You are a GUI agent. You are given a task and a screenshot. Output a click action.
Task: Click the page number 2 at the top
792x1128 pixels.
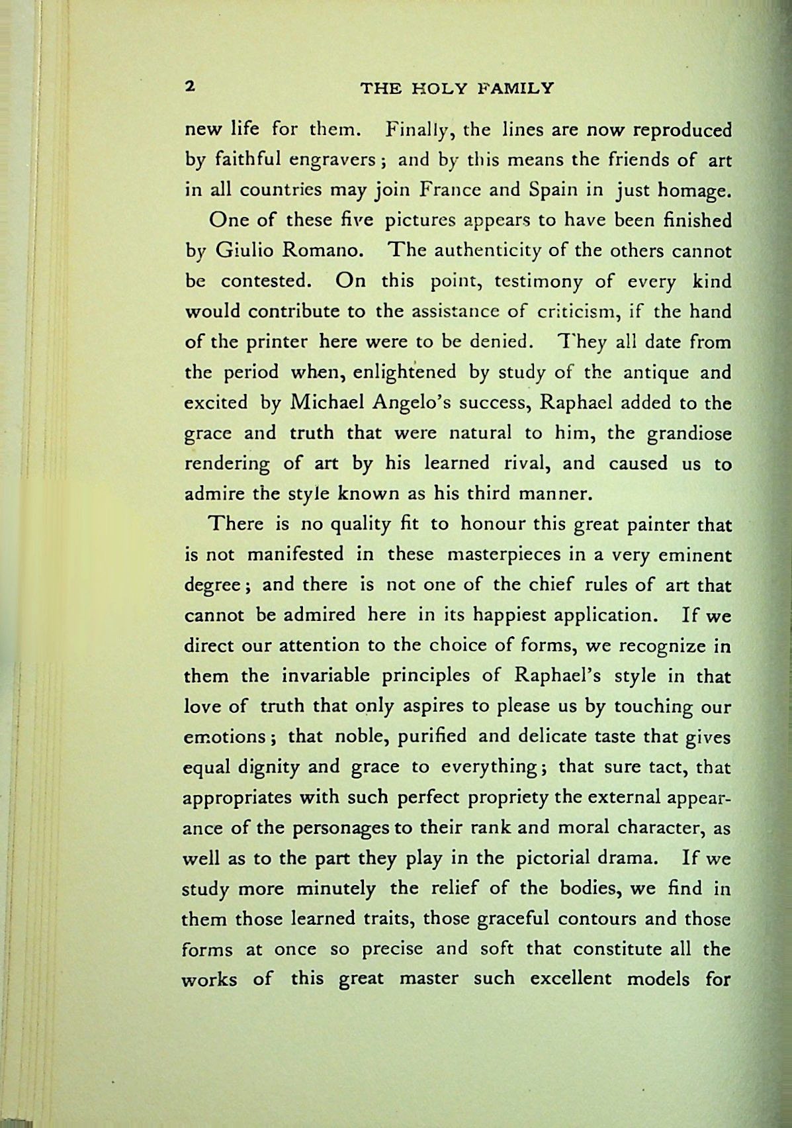coord(190,87)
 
